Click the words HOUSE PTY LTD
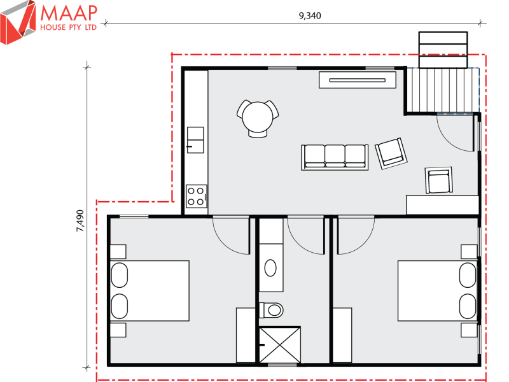(69, 28)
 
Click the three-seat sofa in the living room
(335, 156)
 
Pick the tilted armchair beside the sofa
(389, 153)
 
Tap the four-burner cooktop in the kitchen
(196, 195)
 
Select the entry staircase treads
(443, 90)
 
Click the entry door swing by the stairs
(457, 132)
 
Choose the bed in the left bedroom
(150, 290)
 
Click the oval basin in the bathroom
(270, 268)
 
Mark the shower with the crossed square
(279, 344)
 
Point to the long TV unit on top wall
(357, 80)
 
